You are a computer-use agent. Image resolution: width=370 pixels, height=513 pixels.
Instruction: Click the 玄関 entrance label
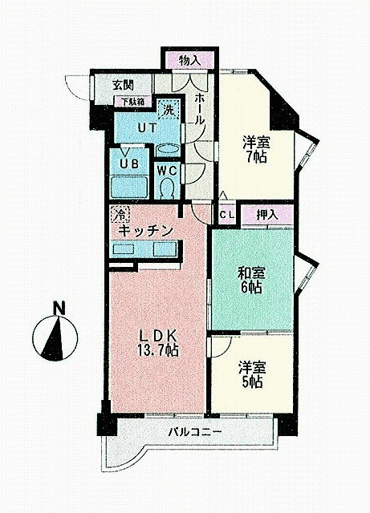[123, 85]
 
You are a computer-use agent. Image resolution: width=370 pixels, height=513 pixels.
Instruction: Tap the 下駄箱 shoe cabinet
[133, 101]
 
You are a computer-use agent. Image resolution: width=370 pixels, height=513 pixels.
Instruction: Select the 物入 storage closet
[189, 61]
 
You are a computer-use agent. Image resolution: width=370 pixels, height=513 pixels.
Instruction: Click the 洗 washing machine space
[169, 109]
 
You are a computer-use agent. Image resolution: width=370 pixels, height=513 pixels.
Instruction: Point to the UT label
[146, 128]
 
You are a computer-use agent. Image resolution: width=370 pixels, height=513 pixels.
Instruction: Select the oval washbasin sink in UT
[168, 151]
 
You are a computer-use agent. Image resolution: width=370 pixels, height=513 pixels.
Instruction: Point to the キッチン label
[145, 231]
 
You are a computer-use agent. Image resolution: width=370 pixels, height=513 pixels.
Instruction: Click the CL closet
[227, 215]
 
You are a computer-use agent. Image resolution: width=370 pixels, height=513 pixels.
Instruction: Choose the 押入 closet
[267, 215]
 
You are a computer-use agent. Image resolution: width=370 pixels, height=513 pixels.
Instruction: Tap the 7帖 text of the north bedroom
[257, 157]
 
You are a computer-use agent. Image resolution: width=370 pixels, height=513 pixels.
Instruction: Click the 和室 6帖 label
[250, 280]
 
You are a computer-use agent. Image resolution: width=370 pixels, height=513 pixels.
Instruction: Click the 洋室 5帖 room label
[252, 374]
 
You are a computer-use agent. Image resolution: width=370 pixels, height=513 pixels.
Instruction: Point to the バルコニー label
[195, 432]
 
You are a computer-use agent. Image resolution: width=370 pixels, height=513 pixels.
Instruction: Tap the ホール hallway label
[199, 109]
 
